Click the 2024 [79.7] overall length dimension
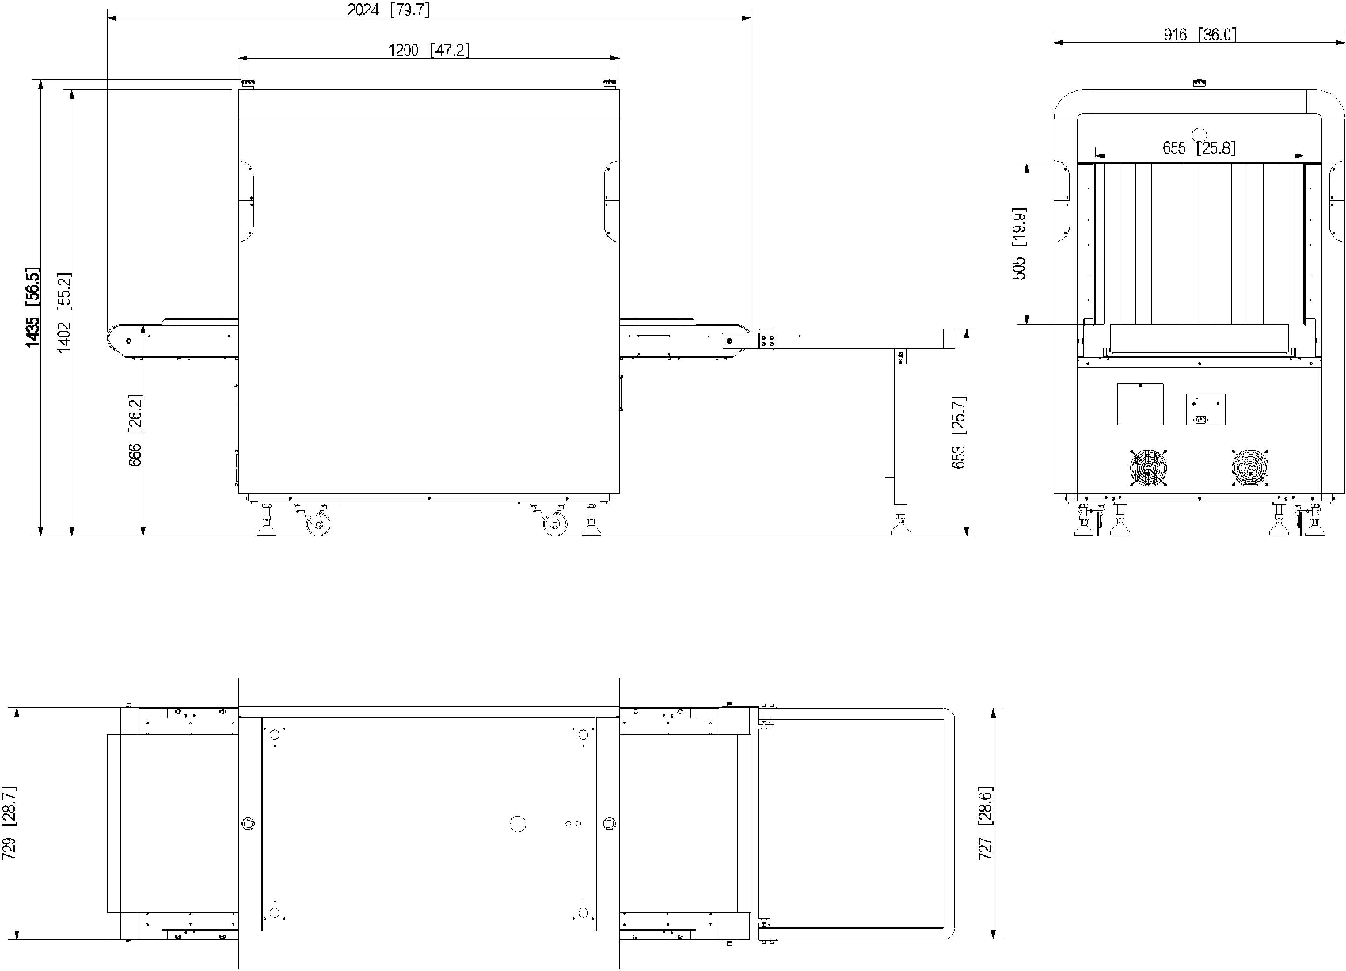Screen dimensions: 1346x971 pos(389,10)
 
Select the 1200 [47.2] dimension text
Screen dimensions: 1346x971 pos(428,50)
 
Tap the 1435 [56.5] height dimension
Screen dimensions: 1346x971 pos(32,307)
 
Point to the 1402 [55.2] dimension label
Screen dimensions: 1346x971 pos(63,313)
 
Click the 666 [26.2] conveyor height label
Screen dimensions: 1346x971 pos(135,431)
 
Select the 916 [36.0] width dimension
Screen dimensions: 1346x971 pos(1200,34)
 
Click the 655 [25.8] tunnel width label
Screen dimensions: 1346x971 pos(1199,148)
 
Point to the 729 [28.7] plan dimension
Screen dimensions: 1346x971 pos(9,823)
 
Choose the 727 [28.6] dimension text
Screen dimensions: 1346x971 pos(986,822)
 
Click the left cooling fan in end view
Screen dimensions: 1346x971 pos(1148,468)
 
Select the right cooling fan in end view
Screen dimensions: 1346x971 pos(1250,468)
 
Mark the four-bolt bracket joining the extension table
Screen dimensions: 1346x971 pos(767,340)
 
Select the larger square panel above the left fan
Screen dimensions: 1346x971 pos(1140,404)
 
